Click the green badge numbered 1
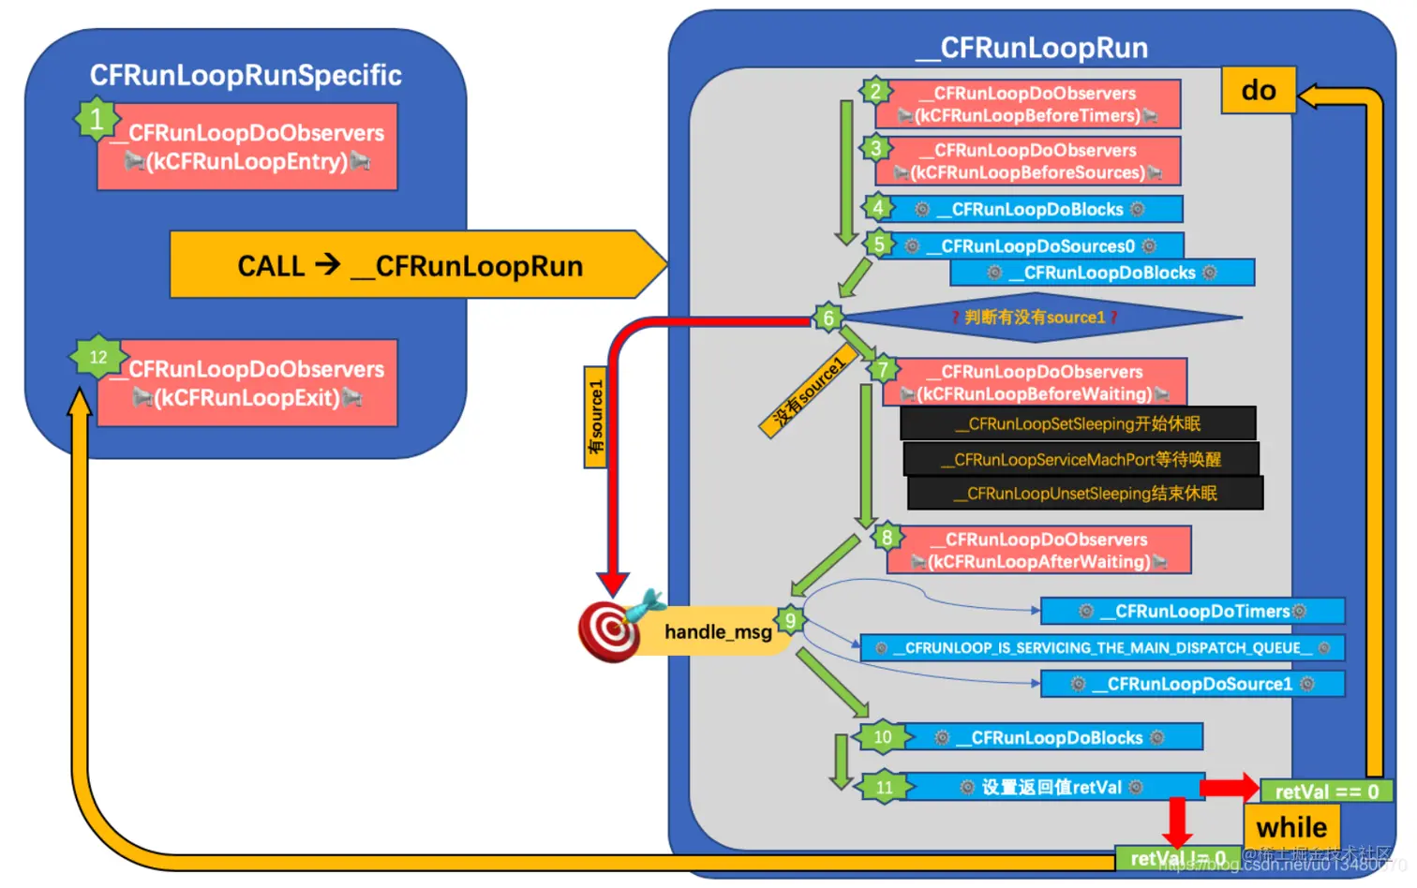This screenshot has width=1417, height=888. (x=97, y=120)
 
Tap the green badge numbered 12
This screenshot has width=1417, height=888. (x=97, y=357)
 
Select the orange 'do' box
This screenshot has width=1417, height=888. (x=1258, y=91)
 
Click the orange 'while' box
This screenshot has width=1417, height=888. (x=1291, y=827)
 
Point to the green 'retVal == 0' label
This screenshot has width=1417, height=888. (x=1325, y=792)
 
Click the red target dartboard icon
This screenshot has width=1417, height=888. (x=609, y=631)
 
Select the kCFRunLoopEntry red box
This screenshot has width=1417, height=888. (x=247, y=148)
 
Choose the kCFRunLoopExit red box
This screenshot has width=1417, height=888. (x=247, y=384)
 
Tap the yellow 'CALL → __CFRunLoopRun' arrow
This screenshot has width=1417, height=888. (x=412, y=266)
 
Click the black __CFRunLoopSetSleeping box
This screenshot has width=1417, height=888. (x=1078, y=423)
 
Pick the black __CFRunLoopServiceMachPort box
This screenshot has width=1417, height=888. (x=1081, y=459)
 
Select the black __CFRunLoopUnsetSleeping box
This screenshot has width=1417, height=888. (x=1085, y=494)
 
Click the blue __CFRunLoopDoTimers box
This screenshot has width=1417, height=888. (x=1192, y=612)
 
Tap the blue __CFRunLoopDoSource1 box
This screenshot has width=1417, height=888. (x=1192, y=685)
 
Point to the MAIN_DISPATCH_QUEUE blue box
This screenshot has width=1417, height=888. (x=1102, y=648)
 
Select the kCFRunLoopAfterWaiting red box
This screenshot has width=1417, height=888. (x=1038, y=551)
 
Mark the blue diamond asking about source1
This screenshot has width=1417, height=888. (x=1035, y=318)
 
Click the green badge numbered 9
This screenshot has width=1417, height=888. (x=791, y=620)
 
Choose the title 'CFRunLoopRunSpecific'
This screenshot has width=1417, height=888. (x=246, y=75)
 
